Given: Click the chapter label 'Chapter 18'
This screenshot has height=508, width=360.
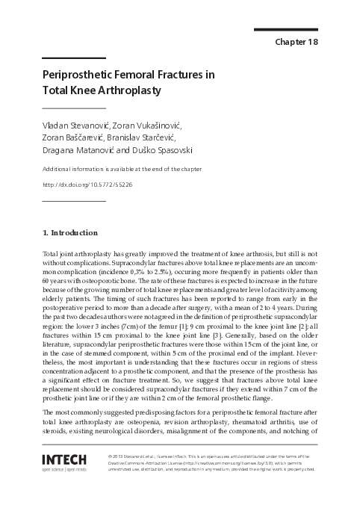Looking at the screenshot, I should (x=296, y=42).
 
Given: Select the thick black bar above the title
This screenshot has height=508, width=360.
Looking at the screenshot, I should (x=74, y=58).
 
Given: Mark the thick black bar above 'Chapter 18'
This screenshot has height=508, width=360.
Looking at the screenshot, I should (x=287, y=30).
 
